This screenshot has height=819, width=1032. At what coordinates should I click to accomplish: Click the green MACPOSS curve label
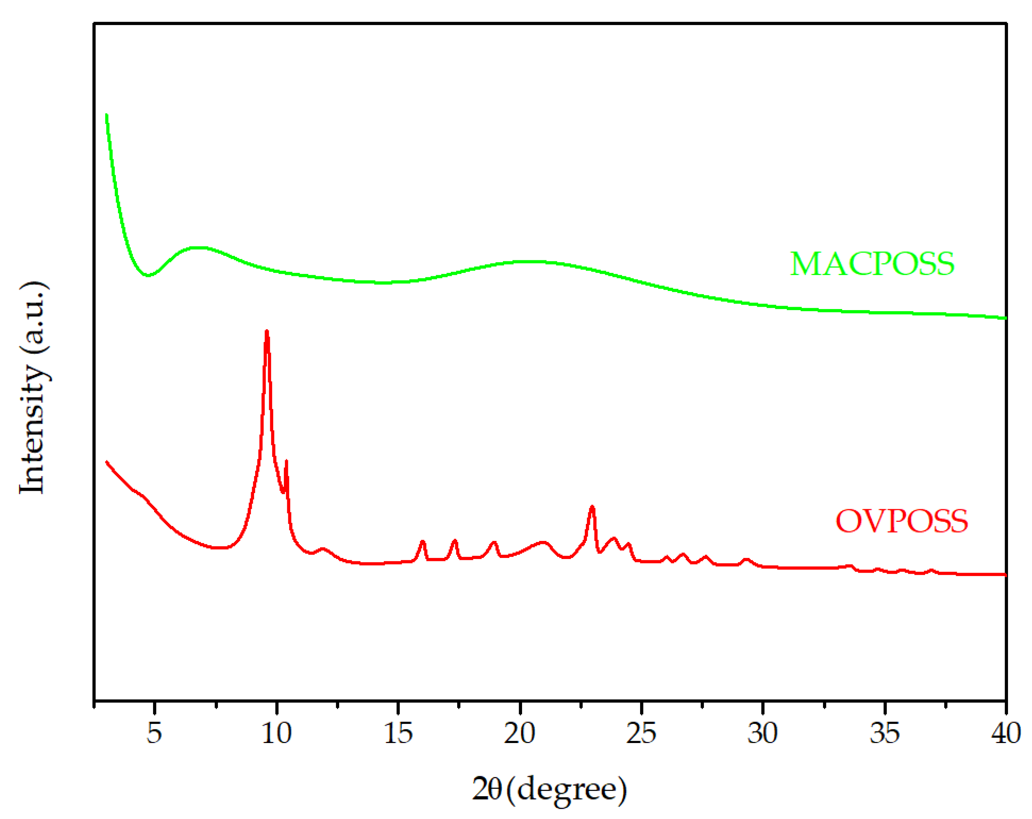click(872, 264)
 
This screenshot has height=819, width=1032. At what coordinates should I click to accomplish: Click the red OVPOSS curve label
click(902, 521)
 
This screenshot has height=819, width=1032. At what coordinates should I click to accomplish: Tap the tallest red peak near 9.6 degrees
click(267, 332)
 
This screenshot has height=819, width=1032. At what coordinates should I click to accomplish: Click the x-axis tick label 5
click(154, 732)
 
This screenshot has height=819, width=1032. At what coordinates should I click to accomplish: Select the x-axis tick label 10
click(276, 732)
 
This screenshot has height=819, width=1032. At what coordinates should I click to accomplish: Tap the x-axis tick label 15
click(398, 732)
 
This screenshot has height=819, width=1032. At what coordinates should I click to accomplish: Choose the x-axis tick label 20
click(520, 732)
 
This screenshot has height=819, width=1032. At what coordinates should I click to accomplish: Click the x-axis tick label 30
click(762, 732)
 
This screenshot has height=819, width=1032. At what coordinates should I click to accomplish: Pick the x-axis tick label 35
click(885, 732)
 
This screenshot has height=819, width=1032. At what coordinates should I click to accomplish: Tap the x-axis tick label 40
click(1005, 732)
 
